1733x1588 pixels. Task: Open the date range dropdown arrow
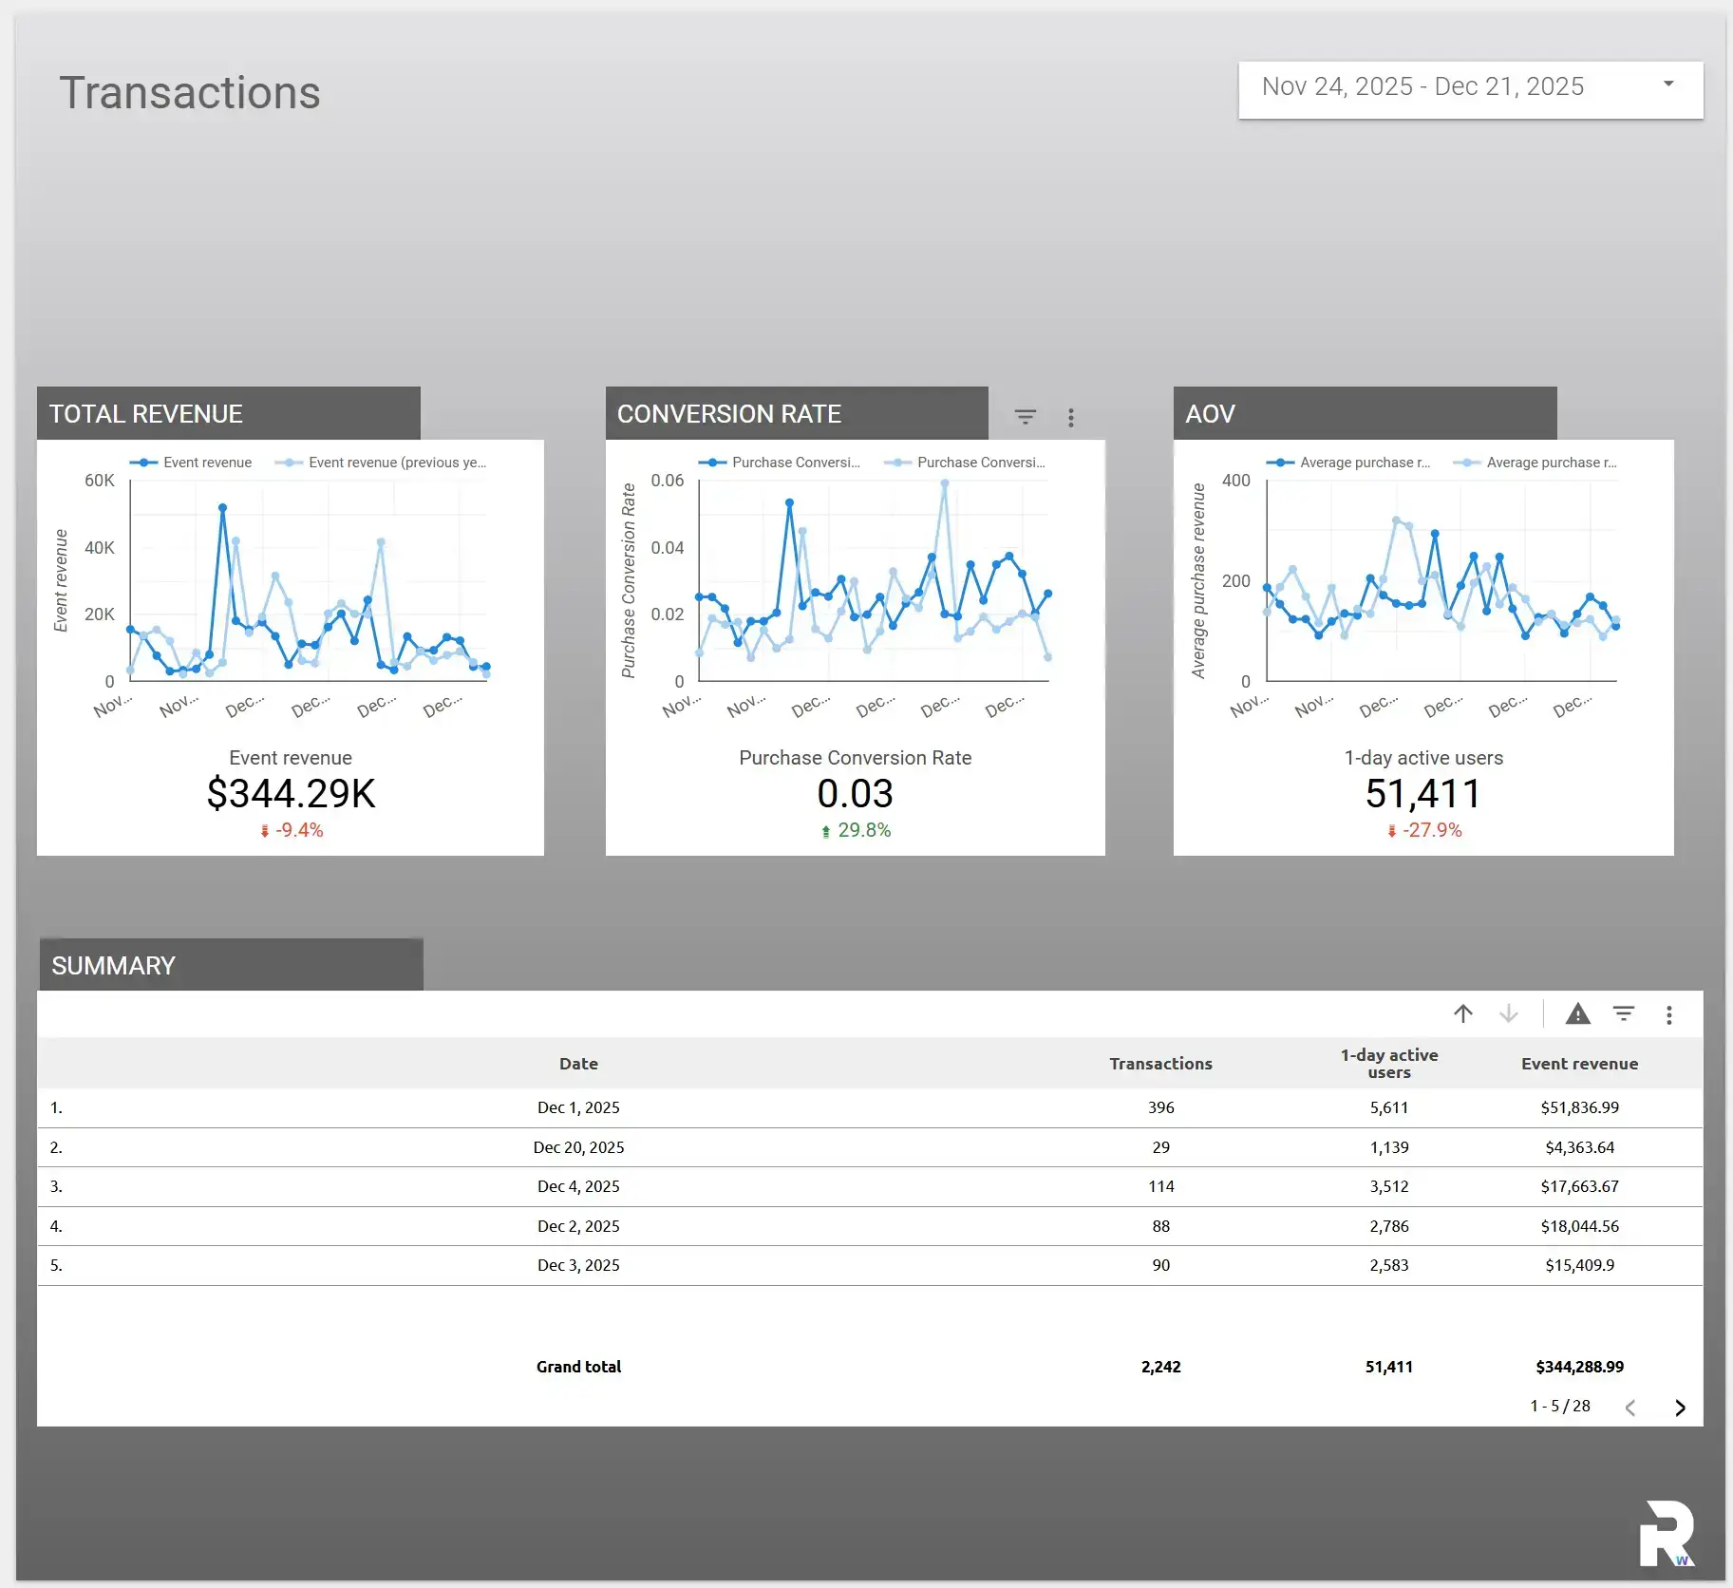[1668, 85]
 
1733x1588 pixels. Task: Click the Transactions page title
[190, 93]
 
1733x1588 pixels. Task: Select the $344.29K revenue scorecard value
[291, 794]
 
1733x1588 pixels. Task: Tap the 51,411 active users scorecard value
[1422, 794]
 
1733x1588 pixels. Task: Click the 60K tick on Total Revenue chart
[99, 481]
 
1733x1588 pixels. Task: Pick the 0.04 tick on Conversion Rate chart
[667, 548]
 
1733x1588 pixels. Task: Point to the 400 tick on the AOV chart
[1235, 481]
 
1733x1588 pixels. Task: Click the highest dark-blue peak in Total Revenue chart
[223, 508]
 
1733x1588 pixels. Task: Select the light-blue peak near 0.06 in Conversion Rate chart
[944, 483]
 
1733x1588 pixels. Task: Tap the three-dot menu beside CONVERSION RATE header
[1071, 417]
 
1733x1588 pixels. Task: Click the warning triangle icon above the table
[1577, 1014]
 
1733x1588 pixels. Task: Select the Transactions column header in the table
[1160, 1064]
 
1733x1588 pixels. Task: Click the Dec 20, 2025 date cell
[578, 1147]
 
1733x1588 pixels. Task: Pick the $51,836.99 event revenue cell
[1579, 1107]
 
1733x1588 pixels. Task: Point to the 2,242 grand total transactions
[1160, 1367]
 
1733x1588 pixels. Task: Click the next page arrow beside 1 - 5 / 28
[1680, 1408]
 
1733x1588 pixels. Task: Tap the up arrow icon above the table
[1463, 1014]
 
